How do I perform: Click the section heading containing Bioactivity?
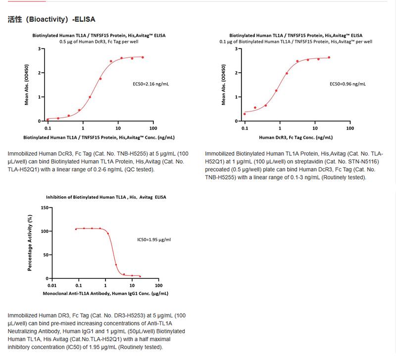51,20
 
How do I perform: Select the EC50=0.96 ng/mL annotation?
347,84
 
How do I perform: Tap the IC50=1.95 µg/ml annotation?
154,240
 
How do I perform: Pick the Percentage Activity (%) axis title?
30,243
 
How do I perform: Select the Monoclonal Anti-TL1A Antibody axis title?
107,293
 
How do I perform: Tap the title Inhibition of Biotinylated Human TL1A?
106,197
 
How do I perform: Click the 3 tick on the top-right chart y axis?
239,49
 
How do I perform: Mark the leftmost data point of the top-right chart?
245,114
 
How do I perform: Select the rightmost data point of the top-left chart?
143,57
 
